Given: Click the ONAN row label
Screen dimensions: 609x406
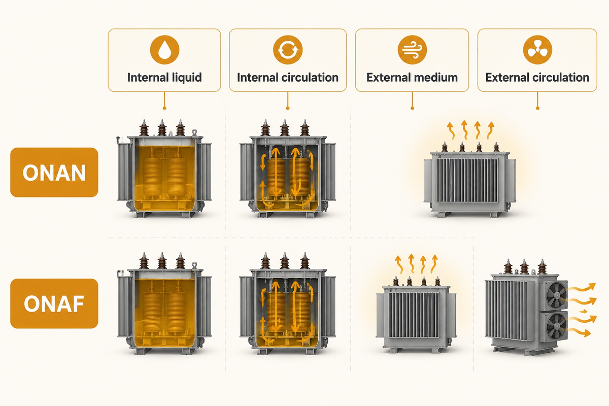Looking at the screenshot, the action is point(54,173).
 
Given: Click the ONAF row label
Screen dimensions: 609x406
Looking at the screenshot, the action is point(54,303).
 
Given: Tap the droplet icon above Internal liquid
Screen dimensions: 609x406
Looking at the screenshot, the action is point(164,50).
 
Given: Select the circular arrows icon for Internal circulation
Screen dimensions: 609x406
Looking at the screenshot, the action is point(288,50).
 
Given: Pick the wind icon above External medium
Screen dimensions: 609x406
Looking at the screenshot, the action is point(412,50).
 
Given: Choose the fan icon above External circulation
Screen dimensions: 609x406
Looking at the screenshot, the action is point(537,50).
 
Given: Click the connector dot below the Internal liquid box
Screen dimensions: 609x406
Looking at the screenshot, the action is point(164,108).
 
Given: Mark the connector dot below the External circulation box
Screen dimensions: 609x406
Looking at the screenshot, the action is point(537,108).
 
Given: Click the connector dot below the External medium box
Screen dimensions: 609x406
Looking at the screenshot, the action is point(413,108).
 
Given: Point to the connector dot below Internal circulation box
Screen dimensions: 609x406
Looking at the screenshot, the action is point(288,108).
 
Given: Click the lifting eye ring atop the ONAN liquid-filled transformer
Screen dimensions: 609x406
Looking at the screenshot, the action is point(194,132).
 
